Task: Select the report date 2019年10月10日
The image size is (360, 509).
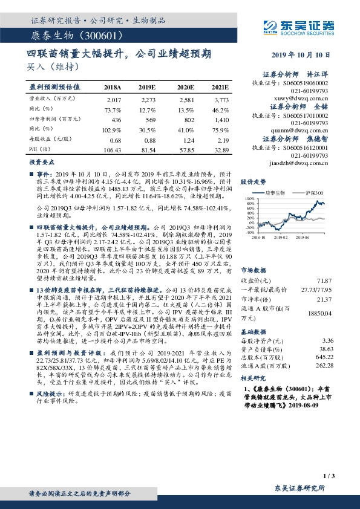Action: [x=303, y=53]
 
